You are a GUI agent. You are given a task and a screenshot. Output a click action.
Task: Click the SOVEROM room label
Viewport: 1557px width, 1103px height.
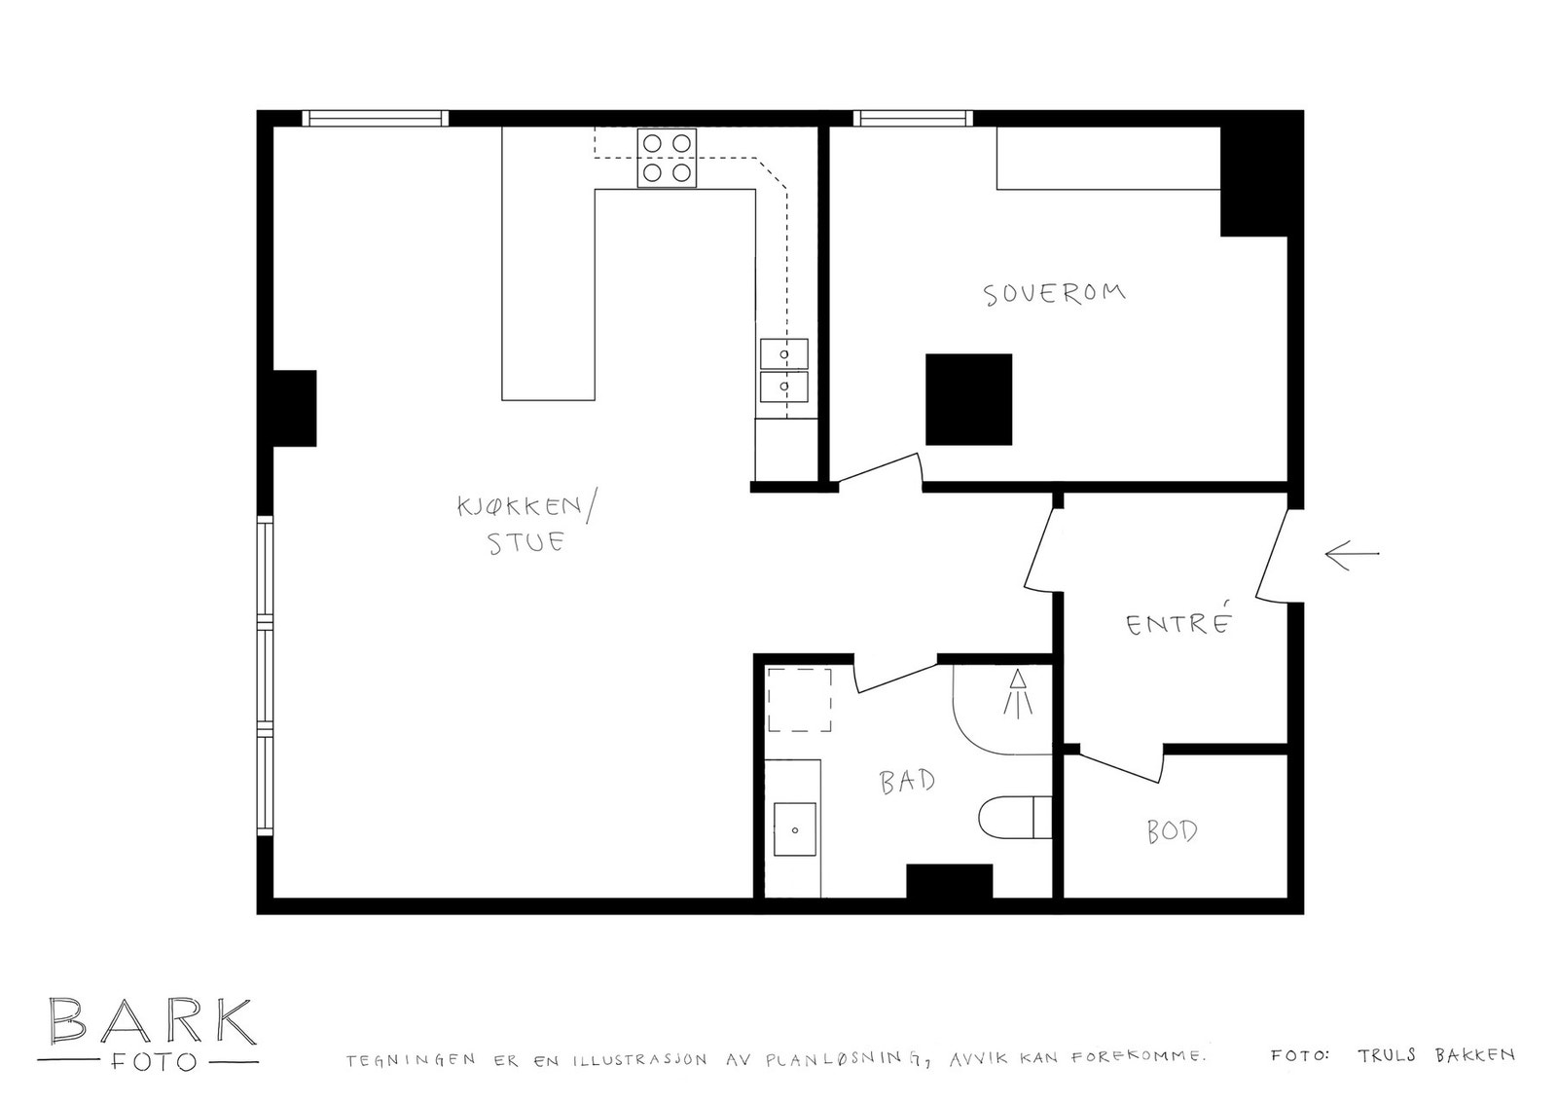point(1054,293)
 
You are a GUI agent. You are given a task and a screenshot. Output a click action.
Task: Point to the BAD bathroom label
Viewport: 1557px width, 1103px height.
point(907,781)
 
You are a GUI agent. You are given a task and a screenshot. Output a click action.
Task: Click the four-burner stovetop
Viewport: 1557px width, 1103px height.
point(667,158)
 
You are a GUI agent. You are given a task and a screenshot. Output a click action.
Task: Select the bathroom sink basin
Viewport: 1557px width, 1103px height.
point(795,829)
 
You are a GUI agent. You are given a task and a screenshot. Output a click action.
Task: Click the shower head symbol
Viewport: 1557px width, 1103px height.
point(1018,693)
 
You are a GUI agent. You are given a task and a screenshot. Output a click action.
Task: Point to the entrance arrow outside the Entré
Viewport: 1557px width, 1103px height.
point(1352,555)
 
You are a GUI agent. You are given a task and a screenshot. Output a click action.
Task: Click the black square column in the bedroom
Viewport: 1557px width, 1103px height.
point(968,399)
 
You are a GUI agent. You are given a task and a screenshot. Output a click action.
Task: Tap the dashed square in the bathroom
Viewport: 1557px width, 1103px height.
point(799,699)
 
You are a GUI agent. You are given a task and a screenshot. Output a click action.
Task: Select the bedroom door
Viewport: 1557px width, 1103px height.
point(879,468)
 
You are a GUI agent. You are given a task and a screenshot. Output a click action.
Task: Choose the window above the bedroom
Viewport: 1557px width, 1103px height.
point(913,118)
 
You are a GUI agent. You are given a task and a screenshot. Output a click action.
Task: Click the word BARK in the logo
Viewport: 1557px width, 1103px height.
point(152,1021)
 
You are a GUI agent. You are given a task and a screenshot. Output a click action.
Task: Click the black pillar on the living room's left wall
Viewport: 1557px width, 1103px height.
point(295,408)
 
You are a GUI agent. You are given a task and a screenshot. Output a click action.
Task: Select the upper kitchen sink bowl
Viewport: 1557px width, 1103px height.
point(784,353)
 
